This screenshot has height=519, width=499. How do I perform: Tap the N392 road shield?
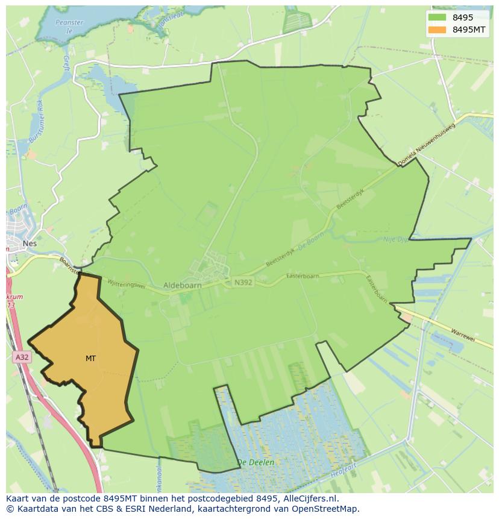coord(243,282)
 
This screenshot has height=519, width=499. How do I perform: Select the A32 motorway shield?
coord(22,357)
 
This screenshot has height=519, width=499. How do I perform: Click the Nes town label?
coord(29,244)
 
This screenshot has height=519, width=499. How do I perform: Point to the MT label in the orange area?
coord(90,359)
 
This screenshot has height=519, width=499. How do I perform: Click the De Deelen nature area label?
coord(256,462)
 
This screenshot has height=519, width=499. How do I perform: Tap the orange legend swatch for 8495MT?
coord(437,30)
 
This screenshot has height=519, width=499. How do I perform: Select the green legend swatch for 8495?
coord(437,17)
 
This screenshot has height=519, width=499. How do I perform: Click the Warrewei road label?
coord(462,335)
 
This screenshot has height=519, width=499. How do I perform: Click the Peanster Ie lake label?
coord(69,26)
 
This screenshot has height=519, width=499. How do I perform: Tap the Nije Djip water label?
coord(397,240)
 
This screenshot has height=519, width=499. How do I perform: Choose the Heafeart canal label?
coord(344,470)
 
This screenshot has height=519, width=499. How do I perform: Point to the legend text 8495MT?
coord(469,30)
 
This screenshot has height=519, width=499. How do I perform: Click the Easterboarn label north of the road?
coord(303,276)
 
